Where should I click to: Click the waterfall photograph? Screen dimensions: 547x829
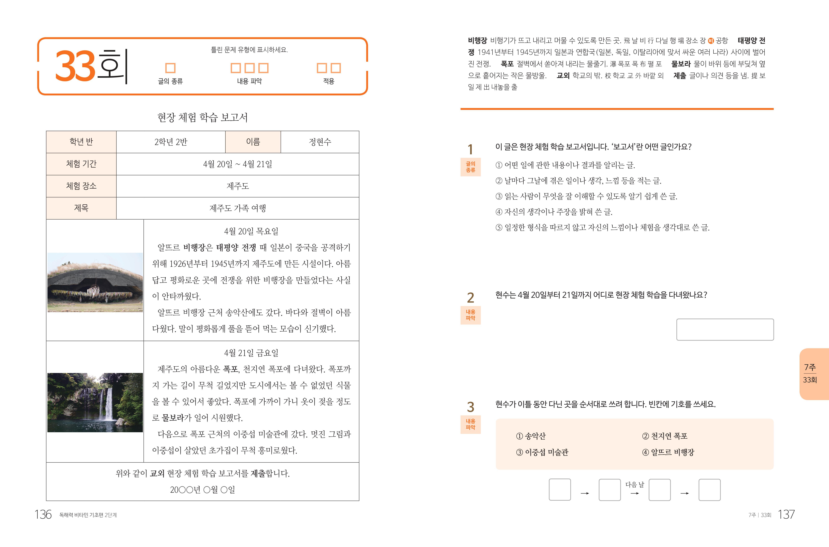pos(95,402)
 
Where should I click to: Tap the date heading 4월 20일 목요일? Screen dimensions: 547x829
pos(251,231)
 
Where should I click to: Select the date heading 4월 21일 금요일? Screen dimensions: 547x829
pos(251,353)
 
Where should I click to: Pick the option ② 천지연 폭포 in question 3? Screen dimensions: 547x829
pos(665,436)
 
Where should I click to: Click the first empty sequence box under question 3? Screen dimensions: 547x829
pos(560,490)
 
